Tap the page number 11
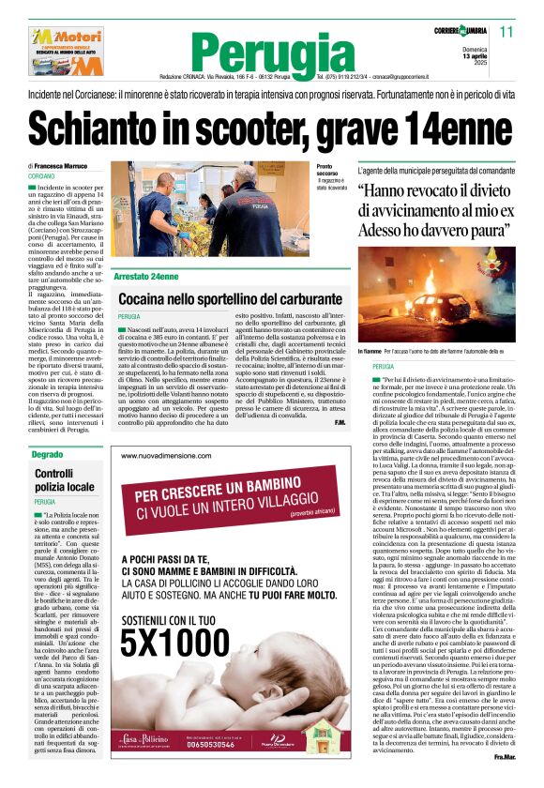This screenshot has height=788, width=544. [x=506, y=32]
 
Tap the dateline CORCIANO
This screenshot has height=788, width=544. [x=41, y=176]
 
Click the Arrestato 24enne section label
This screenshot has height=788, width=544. [x=145, y=278]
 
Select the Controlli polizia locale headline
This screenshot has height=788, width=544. [x=65, y=480]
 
